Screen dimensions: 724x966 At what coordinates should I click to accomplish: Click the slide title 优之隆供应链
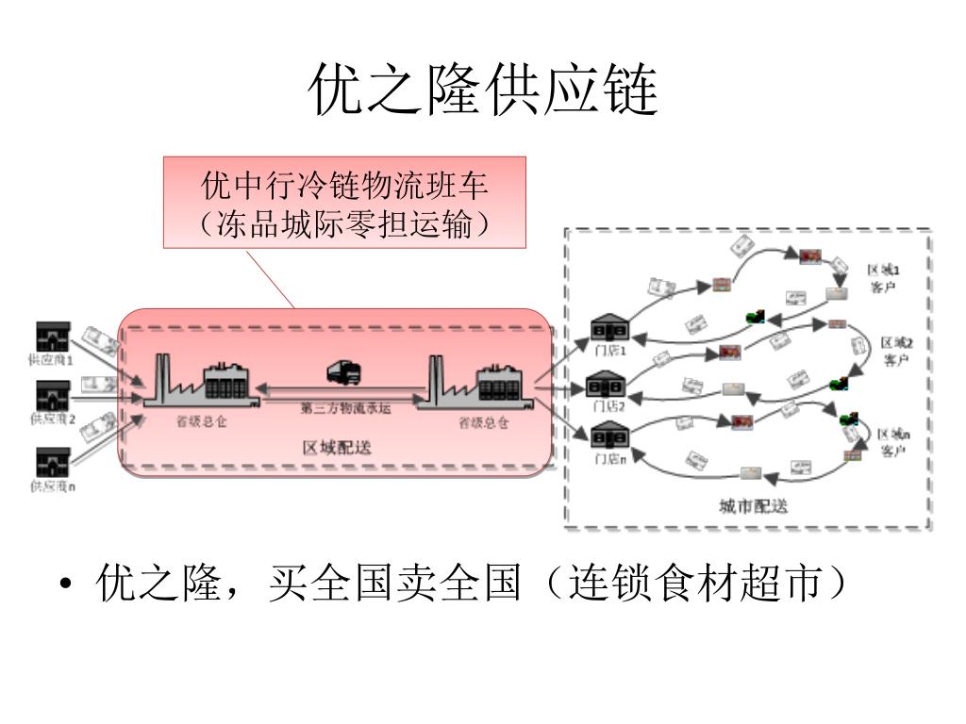coord(483,90)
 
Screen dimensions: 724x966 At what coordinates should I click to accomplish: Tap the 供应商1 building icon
coord(52,337)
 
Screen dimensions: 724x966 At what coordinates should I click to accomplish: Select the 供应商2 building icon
coord(52,394)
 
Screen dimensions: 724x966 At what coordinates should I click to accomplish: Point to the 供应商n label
coord(53,486)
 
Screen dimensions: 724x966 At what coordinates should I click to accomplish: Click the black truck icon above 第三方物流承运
coord(343,373)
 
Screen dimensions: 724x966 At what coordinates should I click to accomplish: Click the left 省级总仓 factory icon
coord(202,381)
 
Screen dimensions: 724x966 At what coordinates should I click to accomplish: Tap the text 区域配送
coord(337,448)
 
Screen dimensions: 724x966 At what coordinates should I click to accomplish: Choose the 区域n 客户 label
coord(894,442)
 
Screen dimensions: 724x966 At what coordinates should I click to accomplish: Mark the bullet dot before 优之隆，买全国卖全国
coord(65,586)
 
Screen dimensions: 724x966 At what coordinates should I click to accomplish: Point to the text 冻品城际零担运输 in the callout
coord(344,224)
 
